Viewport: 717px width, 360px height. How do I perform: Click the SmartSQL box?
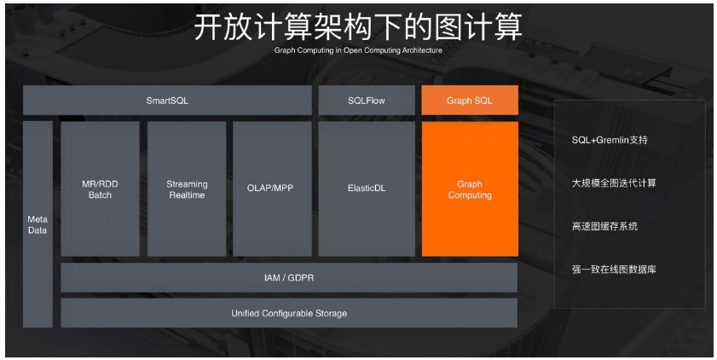167,101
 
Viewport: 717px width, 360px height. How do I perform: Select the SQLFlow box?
366,101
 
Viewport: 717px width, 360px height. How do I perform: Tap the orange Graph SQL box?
470,101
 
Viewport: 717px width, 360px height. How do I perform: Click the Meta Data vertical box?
38,224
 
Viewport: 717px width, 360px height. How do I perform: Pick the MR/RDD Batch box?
100,189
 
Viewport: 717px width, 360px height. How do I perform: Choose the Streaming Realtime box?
187,189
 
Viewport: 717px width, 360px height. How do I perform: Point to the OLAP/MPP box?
272,189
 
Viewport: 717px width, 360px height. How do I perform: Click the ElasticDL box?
366,189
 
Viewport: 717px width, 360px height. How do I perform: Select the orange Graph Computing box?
470,189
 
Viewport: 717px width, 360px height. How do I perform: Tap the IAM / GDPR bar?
289,278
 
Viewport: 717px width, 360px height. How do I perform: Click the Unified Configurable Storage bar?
289,313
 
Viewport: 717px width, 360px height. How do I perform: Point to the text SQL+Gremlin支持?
610,140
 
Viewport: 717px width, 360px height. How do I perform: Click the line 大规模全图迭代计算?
614,183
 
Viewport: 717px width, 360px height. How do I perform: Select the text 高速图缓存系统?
604,227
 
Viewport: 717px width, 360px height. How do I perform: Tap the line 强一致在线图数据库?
614,270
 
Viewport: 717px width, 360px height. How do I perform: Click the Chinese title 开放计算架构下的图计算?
358,27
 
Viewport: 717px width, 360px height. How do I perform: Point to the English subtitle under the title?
358,50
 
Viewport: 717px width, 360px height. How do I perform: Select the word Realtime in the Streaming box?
187,195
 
